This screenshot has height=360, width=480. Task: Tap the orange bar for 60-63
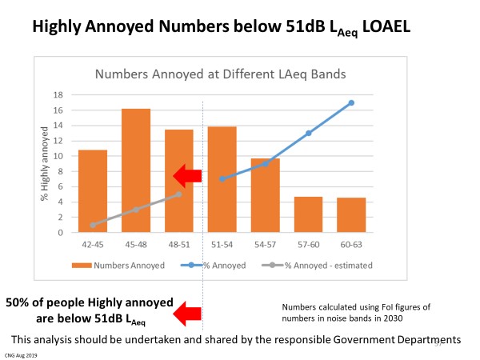(x=352, y=215)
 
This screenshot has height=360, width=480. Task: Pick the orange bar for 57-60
(x=309, y=214)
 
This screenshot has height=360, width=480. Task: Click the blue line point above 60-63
(x=351, y=102)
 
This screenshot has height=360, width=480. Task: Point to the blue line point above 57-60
(x=308, y=133)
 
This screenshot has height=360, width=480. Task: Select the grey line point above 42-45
(x=93, y=225)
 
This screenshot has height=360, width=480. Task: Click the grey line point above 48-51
(x=179, y=194)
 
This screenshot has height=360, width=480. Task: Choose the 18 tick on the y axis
(x=58, y=94)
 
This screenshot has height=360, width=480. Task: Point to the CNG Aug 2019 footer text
(x=20, y=354)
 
